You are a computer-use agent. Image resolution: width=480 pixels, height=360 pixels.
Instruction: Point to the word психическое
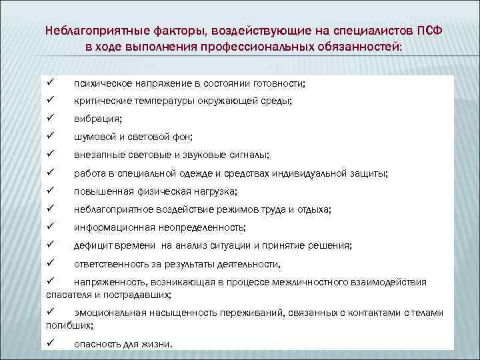tap(102, 83)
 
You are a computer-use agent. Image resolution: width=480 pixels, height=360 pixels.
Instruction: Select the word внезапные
tap(97, 155)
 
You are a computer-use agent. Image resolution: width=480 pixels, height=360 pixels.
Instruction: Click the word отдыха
tap(315, 209)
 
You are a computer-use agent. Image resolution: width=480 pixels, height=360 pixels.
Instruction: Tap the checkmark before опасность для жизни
tap(51, 344)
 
